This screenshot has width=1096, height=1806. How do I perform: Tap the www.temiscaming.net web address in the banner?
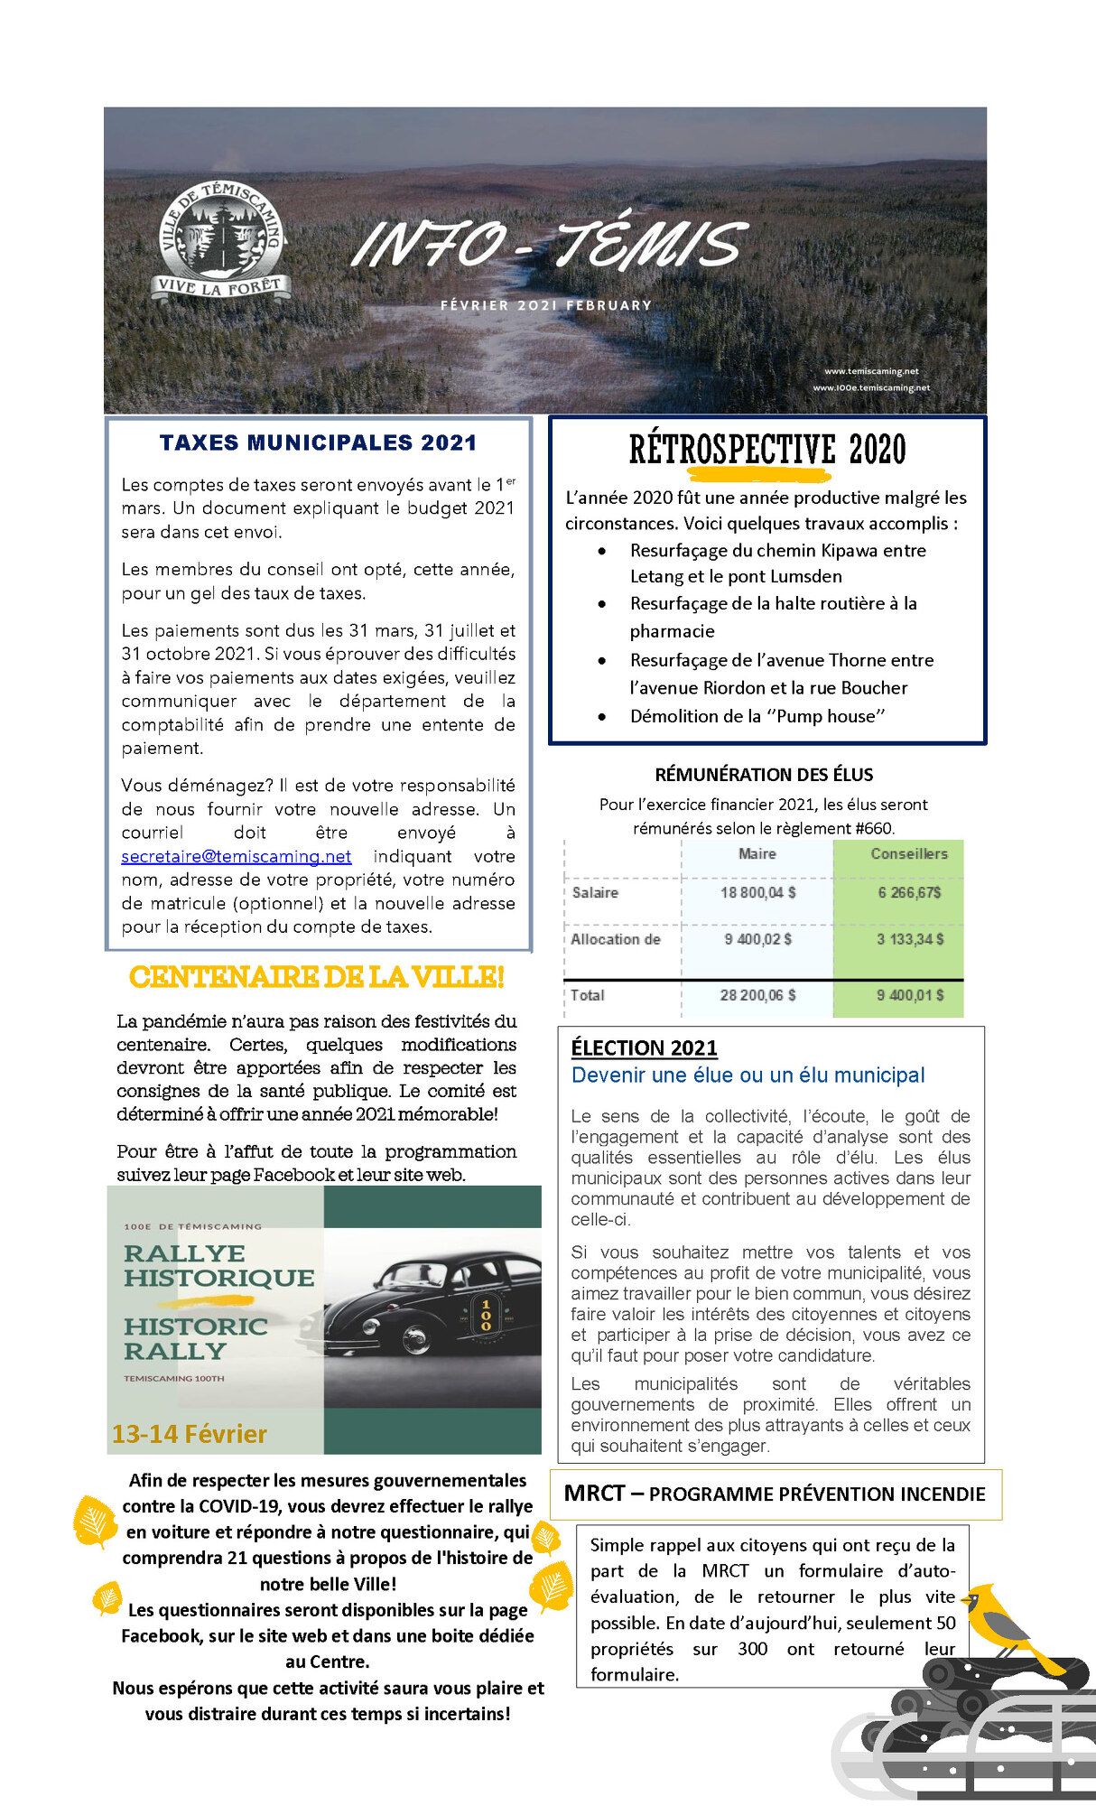[870, 371]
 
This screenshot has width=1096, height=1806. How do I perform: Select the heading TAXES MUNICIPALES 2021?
[318, 442]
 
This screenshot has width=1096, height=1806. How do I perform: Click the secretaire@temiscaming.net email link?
[237, 856]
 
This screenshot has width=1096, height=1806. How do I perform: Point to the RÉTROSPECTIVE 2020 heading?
[766, 449]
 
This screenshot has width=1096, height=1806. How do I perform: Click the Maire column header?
[757, 853]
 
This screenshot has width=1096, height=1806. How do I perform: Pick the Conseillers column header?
[908, 853]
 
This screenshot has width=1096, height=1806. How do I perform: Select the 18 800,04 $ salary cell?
[757, 892]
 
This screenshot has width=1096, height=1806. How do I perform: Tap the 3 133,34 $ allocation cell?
[909, 939]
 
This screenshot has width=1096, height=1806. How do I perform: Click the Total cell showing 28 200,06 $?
[757, 995]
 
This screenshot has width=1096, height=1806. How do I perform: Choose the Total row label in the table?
[588, 995]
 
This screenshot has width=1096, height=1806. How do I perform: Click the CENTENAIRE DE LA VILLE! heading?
[316, 976]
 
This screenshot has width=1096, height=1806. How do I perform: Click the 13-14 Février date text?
[190, 1434]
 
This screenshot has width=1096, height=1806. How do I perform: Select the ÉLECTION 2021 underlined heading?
[644, 1047]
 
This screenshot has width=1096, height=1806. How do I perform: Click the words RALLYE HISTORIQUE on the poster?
[218, 1265]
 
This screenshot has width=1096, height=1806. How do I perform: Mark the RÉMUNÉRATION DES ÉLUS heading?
[764, 774]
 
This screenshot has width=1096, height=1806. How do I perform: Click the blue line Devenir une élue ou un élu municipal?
[748, 1075]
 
